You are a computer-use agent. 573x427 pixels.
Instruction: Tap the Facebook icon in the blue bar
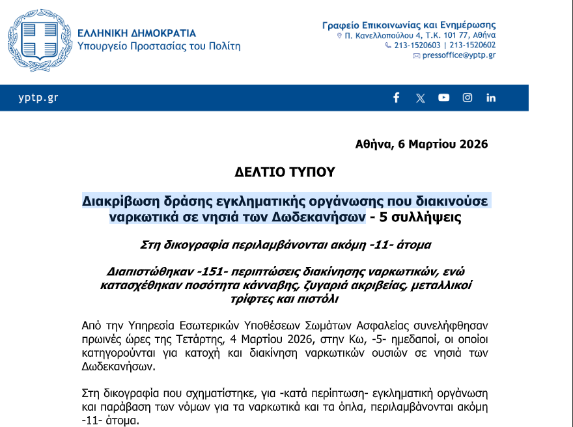pyautogui.click(x=396, y=98)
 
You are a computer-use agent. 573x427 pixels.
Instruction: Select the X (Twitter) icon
pyautogui.click(x=420, y=98)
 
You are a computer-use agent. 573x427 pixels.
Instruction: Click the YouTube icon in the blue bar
pyautogui.click(x=443, y=98)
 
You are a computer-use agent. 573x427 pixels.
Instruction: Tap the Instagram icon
pyautogui.click(x=468, y=98)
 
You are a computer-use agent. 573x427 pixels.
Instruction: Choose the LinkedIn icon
pyautogui.click(x=491, y=98)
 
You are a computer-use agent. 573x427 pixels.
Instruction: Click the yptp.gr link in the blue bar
pyautogui.click(x=38, y=98)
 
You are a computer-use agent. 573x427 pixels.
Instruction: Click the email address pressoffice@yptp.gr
pyautogui.click(x=458, y=56)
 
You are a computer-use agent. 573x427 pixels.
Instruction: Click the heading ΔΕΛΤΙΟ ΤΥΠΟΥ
pyautogui.click(x=285, y=172)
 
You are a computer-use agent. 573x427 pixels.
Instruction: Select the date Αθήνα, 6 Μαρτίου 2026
pyautogui.click(x=421, y=144)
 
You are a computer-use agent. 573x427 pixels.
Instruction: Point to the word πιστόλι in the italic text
pyautogui.click(x=320, y=299)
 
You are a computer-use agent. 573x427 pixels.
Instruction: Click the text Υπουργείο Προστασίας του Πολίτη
pyautogui.click(x=158, y=46)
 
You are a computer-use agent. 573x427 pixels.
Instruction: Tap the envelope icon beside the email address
pyautogui.click(x=417, y=56)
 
